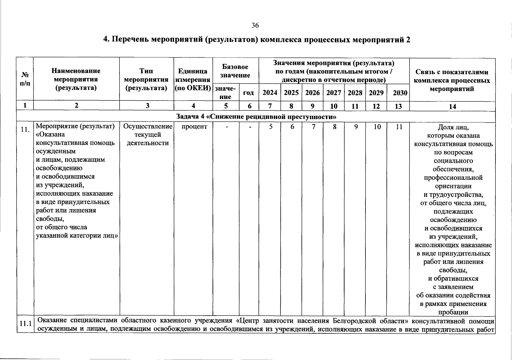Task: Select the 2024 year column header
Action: pos(270,93)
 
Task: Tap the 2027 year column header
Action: pos(334,93)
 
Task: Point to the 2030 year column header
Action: pos(400,93)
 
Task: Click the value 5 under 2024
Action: pos(271,127)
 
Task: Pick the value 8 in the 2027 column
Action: pos(334,127)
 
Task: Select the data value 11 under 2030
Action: pos(398,127)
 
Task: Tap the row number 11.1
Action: pos(25,324)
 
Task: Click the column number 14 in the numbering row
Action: pos(452,106)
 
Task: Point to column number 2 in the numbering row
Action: pos(77,106)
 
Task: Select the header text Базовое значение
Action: pos(235,71)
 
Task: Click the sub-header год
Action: pos(248,93)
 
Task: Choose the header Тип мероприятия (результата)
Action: pos(146,79)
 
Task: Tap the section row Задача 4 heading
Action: pos(256,117)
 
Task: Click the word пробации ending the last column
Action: pos(453,312)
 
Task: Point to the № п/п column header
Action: pos(25,79)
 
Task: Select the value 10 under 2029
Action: pos(377,127)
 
